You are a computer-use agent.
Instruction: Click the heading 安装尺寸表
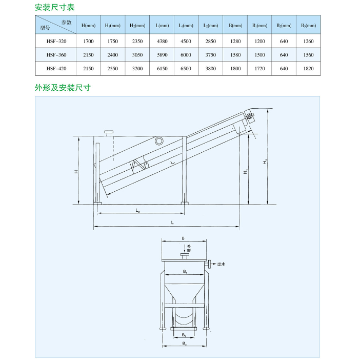(x=54, y=7)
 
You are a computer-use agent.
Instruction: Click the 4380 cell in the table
(x=162, y=40)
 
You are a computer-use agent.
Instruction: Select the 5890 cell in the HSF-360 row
(x=162, y=54)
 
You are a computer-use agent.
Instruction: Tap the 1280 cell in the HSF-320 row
(x=235, y=40)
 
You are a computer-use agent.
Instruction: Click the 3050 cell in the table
(x=137, y=54)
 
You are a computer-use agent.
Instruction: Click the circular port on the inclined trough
(x=159, y=140)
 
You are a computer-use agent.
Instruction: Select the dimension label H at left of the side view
(x=75, y=172)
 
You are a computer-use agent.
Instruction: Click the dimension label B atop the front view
(x=183, y=238)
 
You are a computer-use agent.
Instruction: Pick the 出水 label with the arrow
(x=221, y=265)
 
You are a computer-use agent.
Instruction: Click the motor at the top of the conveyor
(x=249, y=117)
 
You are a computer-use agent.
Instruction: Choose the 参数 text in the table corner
(x=66, y=22)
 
